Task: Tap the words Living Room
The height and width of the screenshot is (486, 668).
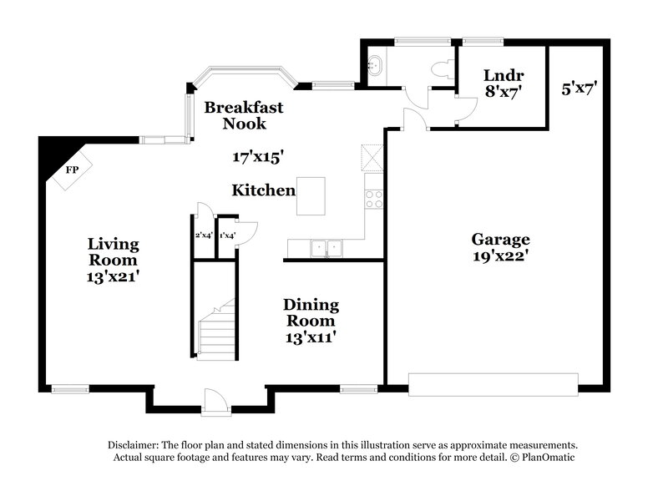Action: click(x=114, y=252)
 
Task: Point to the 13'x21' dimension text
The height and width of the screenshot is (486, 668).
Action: click(x=114, y=275)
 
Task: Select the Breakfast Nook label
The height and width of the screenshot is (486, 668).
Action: click(x=244, y=115)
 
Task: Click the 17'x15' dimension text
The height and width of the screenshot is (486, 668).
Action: click(x=258, y=155)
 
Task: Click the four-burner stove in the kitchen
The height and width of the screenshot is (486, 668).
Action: click(x=374, y=199)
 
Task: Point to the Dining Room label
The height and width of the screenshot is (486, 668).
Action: click(x=310, y=312)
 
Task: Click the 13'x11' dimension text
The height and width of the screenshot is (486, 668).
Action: click(x=310, y=337)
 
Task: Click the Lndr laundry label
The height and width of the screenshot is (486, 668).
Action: click(x=502, y=74)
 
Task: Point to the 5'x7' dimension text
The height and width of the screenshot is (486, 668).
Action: click(x=579, y=86)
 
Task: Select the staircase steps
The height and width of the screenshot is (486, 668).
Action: click(x=217, y=330)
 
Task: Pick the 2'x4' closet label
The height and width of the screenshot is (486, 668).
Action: click(x=204, y=235)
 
